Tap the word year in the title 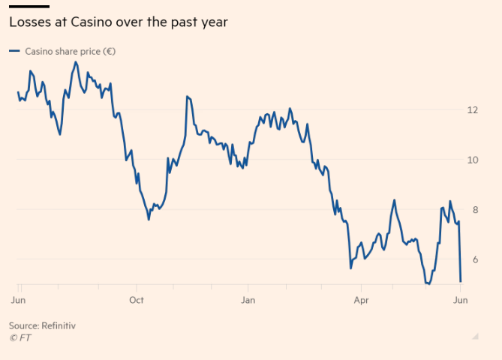tap(212, 22)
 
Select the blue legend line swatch tap(14, 52)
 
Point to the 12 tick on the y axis tap(472, 110)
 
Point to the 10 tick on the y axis tap(472, 160)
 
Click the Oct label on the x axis tap(136, 300)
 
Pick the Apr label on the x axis tap(361, 300)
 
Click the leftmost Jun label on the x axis tap(19, 300)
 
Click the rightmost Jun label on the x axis tap(461, 300)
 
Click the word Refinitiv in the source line tap(59, 326)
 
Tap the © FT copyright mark tap(20, 337)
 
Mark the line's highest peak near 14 tap(75, 62)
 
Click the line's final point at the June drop tap(460, 281)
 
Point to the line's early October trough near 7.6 tap(149, 219)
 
